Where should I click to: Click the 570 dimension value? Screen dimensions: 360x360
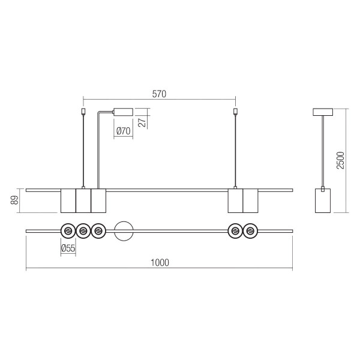click(159, 94)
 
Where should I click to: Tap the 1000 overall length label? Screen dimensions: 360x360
click(160, 263)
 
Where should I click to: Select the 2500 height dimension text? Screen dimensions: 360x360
click(340, 160)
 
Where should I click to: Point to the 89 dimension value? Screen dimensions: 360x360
click(14, 200)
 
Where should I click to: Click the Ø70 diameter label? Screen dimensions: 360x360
click(124, 131)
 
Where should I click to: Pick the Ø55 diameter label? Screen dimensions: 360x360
click(68, 248)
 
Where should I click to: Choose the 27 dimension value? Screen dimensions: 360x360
click(142, 122)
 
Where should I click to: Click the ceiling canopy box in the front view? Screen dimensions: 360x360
click(123, 112)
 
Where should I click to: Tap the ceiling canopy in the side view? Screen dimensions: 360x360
click(323, 112)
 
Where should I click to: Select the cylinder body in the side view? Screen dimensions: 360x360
click(323, 200)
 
